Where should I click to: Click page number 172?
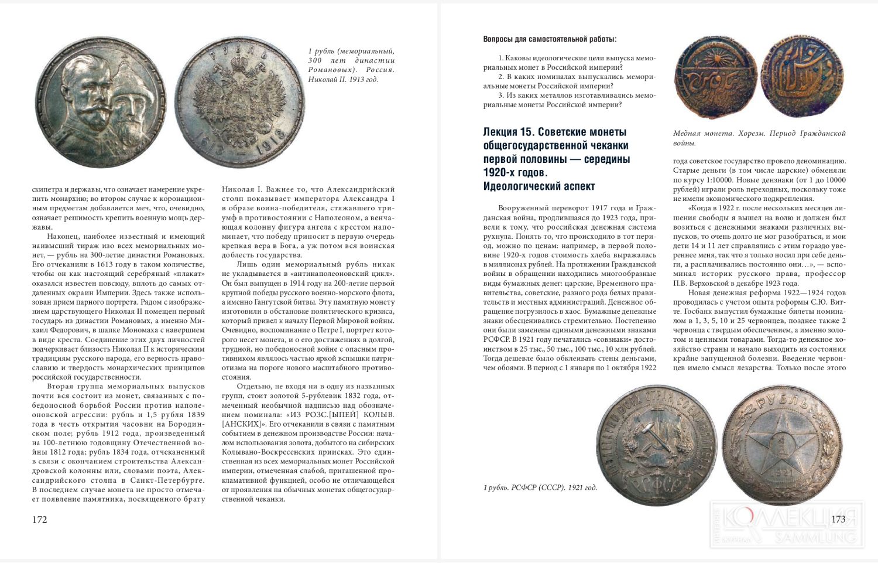(x=39, y=520)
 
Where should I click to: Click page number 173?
(x=838, y=519)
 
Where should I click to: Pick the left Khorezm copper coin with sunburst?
(x=715, y=78)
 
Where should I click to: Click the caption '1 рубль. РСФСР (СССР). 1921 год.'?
(x=540, y=487)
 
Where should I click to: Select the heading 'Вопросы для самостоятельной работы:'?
(x=550, y=39)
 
